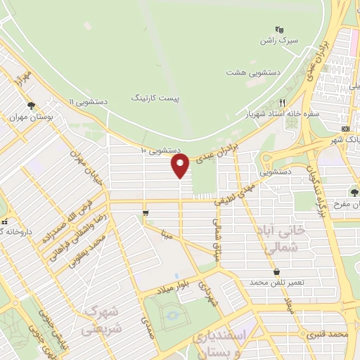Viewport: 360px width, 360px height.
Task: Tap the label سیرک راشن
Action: click(278, 41)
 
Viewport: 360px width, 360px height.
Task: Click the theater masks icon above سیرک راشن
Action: click(279, 30)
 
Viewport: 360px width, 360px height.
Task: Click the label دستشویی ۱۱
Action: click(88, 103)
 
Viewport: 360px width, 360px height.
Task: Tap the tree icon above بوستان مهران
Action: click(31, 105)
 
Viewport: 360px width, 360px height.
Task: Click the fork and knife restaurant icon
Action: click(282, 102)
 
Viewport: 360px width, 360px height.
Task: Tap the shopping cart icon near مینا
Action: click(145, 212)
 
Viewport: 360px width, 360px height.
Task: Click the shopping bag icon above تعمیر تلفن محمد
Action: click(276, 271)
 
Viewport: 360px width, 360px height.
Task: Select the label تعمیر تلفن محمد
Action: click(275, 282)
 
